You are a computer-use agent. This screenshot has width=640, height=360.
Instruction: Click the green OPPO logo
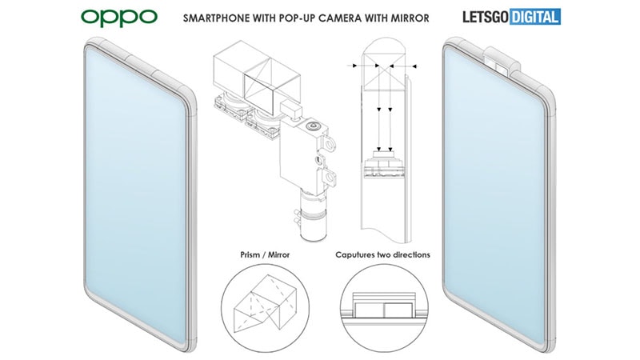(118, 18)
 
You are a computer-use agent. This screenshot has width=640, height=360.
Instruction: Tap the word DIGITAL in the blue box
(534, 17)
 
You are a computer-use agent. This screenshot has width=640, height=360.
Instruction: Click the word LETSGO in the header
(486, 17)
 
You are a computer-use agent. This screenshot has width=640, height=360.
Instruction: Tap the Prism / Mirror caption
(265, 254)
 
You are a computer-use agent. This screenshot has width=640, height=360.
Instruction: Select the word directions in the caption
(411, 254)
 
